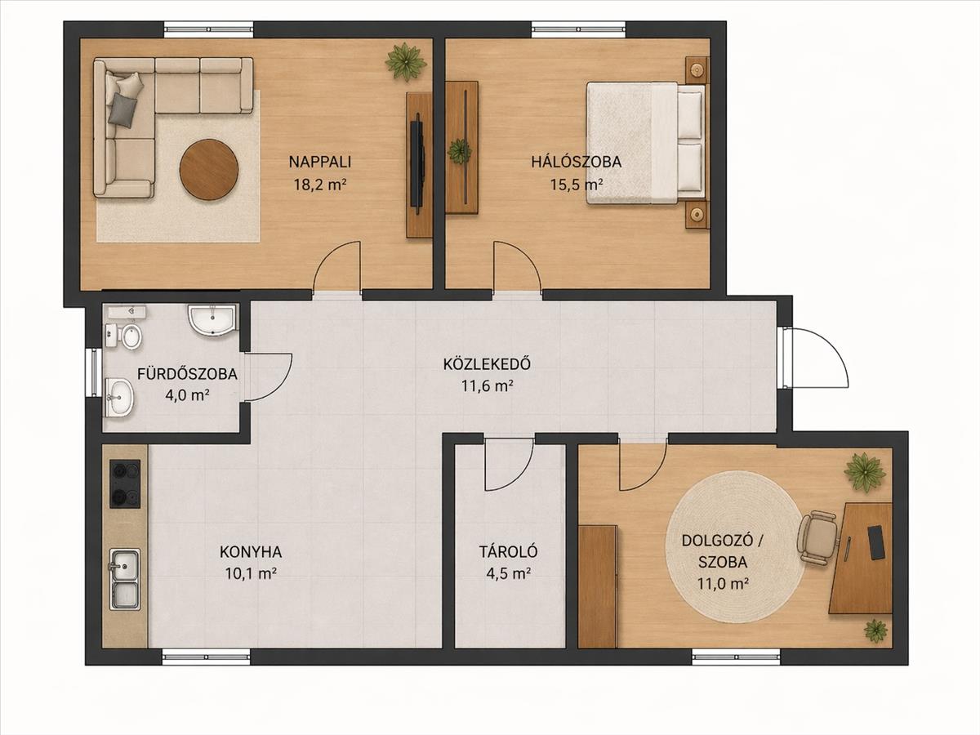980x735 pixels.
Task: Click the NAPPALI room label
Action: pyautogui.click(x=319, y=162)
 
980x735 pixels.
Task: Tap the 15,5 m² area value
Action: pyautogui.click(x=577, y=185)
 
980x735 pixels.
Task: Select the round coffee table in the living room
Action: pyautogui.click(x=208, y=169)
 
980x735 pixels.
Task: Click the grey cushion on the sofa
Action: pyautogui.click(x=123, y=110)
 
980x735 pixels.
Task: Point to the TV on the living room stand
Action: pyautogui.click(x=417, y=160)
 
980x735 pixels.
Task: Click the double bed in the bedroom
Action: pyautogui.click(x=646, y=143)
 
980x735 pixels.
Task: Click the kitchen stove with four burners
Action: pyautogui.click(x=125, y=483)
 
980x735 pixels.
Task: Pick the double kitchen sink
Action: pyautogui.click(x=125, y=579)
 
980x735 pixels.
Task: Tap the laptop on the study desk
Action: pyautogui.click(x=875, y=542)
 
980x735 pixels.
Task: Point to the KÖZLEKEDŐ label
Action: pyautogui.click(x=487, y=363)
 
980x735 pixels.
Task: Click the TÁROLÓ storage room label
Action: pyautogui.click(x=508, y=551)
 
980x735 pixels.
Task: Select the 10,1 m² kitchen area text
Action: pyautogui.click(x=251, y=573)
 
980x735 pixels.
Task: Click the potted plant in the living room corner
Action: pyautogui.click(x=405, y=62)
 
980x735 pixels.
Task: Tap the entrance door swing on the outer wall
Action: pyautogui.click(x=811, y=358)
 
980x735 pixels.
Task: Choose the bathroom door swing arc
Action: pyautogui.click(x=269, y=377)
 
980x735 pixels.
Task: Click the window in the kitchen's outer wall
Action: pyautogui.click(x=206, y=657)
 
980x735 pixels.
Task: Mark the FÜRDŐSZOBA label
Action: pyautogui.click(x=187, y=374)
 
